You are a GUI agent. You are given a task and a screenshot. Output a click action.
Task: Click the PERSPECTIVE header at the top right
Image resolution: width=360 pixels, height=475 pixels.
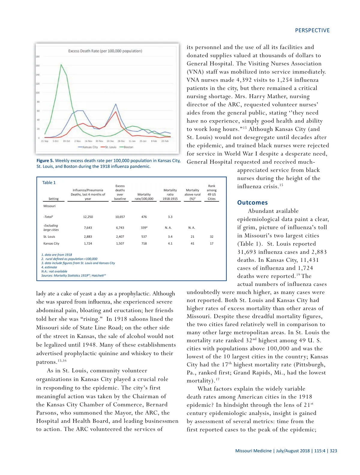312,30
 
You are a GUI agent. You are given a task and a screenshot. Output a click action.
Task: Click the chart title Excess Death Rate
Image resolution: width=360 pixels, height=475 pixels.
105,51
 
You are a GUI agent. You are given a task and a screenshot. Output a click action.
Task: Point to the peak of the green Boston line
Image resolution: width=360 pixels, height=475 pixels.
61,65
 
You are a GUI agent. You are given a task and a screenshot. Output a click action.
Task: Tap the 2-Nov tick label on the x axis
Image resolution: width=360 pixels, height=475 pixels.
77,141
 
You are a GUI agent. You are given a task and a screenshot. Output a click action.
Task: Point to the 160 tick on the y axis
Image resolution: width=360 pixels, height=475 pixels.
38,65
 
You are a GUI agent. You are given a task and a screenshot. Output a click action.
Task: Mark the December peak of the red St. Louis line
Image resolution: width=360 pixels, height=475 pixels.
116,112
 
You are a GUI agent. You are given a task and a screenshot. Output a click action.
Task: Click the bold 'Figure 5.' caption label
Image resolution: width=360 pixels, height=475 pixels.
45,161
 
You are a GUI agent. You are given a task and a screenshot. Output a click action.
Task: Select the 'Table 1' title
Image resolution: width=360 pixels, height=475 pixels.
49,183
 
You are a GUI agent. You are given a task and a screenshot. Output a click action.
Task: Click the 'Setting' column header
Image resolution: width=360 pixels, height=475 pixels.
53,199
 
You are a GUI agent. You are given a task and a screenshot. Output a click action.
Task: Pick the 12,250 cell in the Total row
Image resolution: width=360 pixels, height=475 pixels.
88,217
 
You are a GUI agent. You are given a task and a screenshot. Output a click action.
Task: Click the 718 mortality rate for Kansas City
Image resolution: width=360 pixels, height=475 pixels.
144,244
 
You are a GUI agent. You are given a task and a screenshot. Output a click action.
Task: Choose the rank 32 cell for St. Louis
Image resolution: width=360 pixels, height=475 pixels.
211,237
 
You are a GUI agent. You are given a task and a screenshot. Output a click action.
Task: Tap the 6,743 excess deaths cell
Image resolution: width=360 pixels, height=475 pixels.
120,228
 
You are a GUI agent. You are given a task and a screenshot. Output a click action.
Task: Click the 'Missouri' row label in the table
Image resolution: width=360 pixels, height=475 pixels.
49,206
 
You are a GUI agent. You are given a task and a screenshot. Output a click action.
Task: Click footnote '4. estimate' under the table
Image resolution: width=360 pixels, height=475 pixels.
49,267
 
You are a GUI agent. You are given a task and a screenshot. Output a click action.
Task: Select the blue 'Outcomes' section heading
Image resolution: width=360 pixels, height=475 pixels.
252,203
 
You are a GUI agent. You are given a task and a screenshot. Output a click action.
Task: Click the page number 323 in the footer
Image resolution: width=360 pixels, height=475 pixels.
333,451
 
